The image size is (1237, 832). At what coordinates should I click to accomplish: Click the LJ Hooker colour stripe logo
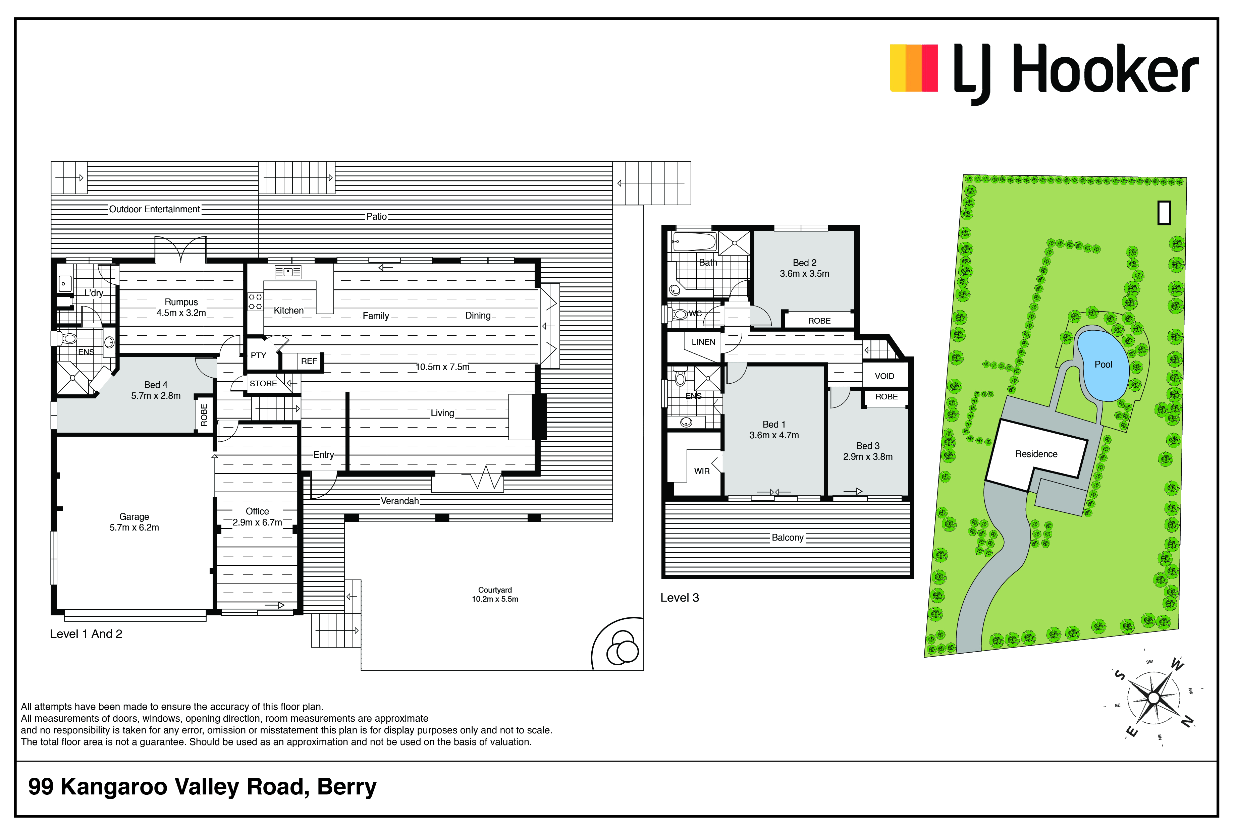click(913, 68)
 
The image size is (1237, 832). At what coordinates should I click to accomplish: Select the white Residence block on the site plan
click(1036, 455)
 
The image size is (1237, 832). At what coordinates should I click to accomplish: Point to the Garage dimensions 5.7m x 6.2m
click(134, 528)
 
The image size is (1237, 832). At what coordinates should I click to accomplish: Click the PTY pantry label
click(259, 355)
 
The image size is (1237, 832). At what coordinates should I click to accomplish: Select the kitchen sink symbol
click(288, 272)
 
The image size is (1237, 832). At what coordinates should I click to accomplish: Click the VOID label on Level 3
click(884, 376)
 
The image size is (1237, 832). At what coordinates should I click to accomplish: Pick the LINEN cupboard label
click(703, 342)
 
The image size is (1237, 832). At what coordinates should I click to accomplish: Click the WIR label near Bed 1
click(702, 471)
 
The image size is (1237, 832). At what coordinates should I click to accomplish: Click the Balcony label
click(788, 538)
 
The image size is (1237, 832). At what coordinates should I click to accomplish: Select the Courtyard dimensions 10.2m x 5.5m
click(495, 599)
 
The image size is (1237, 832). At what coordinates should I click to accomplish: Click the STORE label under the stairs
click(263, 384)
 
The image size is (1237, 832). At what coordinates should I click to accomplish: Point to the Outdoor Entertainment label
click(154, 209)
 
